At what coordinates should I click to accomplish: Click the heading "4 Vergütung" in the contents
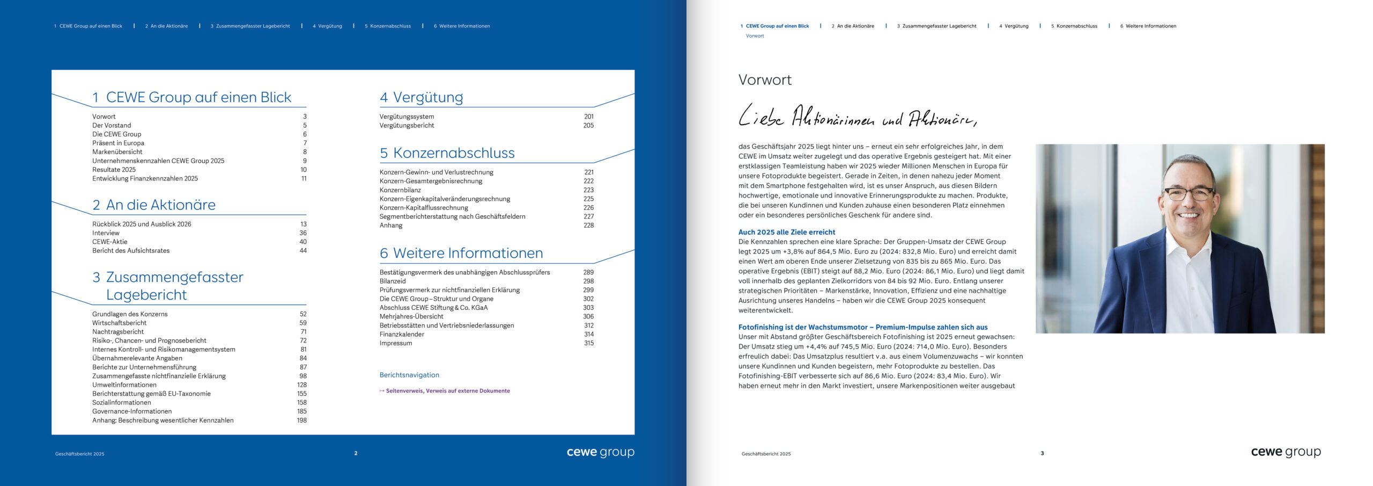pyautogui.click(x=422, y=97)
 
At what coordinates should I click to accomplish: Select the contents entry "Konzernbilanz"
pyautogui.click(x=400, y=190)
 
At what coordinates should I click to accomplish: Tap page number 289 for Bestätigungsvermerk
pyautogui.click(x=588, y=272)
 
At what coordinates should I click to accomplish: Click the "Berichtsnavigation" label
pyautogui.click(x=409, y=375)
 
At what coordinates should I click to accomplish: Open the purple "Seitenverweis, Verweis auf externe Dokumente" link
pyautogui.click(x=447, y=391)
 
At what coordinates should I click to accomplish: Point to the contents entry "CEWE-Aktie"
pyautogui.click(x=110, y=242)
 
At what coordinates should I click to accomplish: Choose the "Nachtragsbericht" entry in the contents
pyautogui.click(x=118, y=332)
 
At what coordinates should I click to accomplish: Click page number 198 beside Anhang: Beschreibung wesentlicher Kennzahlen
pyautogui.click(x=302, y=420)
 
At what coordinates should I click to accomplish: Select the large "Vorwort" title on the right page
pyautogui.click(x=765, y=80)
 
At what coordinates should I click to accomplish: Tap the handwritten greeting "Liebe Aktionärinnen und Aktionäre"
pyautogui.click(x=857, y=117)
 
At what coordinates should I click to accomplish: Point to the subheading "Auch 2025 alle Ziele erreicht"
pyautogui.click(x=786, y=232)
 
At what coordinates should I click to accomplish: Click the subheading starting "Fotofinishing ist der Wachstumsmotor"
pyautogui.click(x=862, y=327)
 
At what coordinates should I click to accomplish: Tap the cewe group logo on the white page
pyautogui.click(x=1286, y=452)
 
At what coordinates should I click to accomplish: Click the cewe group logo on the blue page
pyautogui.click(x=600, y=452)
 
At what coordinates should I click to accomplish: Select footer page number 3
pyautogui.click(x=1042, y=453)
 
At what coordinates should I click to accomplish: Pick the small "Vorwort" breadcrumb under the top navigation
pyautogui.click(x=755, y=36)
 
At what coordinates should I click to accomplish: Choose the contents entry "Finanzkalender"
pyautogui.click(x=402, y=334)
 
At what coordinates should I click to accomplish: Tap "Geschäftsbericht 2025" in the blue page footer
pyautogui.click(x=80, y=454)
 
